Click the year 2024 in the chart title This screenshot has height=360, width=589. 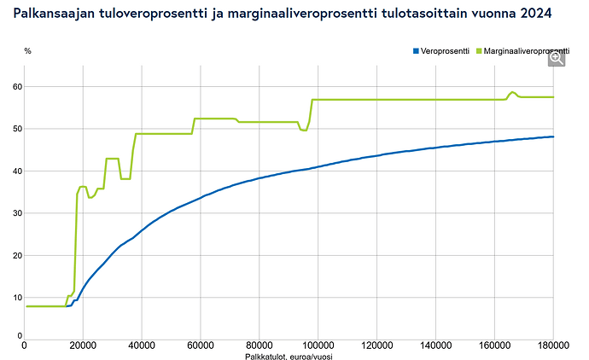point(536,14)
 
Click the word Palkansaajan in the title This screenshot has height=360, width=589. point(54,14)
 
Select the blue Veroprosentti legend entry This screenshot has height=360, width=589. point(441,51)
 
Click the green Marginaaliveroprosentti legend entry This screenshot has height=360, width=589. point(523,51)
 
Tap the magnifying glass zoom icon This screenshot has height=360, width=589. point(557,59)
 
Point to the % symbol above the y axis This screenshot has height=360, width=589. point(28,51)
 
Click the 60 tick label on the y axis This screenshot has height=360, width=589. point(18,87)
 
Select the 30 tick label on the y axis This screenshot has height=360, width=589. point(18,213)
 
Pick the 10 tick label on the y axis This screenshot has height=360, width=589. point(18,298)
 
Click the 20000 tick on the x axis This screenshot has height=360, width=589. point(83,345)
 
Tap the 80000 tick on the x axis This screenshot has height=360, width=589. point(260,345)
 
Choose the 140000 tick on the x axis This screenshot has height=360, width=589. point(435,345)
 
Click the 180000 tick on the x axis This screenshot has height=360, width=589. point(553,345)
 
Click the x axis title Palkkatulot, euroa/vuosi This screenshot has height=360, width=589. point(289,357)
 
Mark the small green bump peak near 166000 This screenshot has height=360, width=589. point(512,92)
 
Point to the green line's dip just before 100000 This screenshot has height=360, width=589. point(304,131)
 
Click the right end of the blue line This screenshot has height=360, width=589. point(553,136)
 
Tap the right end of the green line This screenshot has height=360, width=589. point(553,97)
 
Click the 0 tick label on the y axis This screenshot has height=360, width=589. point(20,336)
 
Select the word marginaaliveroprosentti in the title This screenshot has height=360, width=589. point(301,14)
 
